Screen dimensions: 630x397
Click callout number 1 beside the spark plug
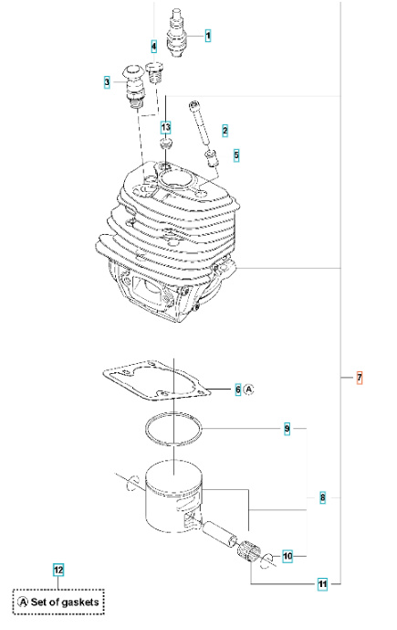208,36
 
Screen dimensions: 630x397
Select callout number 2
225,131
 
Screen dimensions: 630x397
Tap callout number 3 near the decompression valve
107,82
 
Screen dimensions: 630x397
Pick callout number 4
153,46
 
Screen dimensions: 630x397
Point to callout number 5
236,155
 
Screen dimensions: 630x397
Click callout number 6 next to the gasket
238,390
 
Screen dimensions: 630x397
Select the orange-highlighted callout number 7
359,377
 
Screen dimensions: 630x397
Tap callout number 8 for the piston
322,497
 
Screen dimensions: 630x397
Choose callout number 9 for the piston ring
287,428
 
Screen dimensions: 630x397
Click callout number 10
287,555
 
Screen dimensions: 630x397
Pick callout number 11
322,582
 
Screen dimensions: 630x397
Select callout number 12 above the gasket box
58,571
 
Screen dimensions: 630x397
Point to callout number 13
165,126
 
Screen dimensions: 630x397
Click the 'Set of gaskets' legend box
59,603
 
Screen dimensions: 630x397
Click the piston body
173,498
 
